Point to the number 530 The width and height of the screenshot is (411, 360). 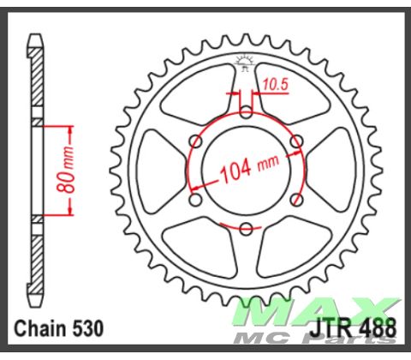(x=88, y=328)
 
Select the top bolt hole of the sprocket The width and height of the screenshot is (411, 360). (x=246, y=111)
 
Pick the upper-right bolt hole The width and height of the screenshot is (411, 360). (x=297, y=141)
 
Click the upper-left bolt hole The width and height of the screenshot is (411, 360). (x=194, y=141)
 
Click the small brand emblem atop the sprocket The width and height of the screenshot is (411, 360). (x=246, y=61)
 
